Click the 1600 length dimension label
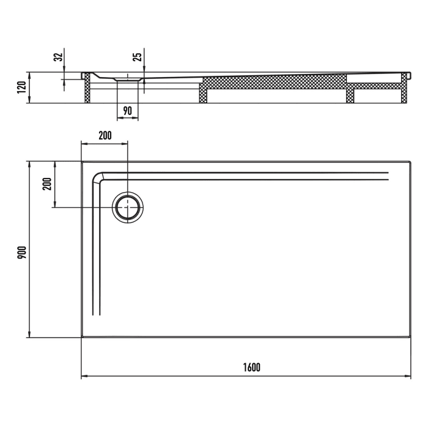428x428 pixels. click(251, 367)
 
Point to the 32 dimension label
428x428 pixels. click(59, 57)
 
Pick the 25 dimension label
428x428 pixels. click(138, 57)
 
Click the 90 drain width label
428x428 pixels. click(128, 111)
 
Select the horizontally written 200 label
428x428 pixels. click(105, 136)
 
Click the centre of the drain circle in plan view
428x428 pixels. click(127, 207)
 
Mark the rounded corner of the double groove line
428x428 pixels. click(98, 177)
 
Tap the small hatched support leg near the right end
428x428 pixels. click(350, 96)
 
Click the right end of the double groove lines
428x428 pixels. click(388, 177)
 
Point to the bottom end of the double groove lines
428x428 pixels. click(95, 314)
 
